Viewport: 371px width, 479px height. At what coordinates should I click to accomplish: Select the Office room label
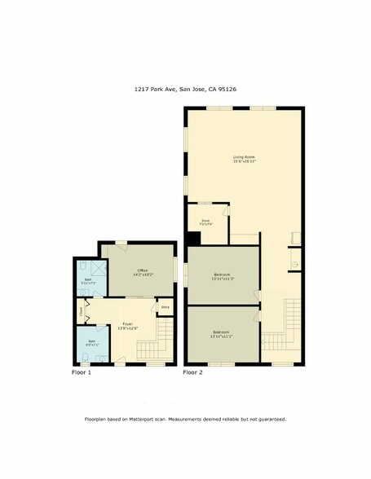pos(142,271)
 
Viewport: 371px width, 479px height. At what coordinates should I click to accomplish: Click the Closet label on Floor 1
pos(82,311)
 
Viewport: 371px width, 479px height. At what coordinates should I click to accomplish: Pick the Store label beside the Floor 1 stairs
pos(165,306)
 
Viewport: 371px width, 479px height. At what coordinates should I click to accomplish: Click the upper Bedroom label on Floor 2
pos(222,275)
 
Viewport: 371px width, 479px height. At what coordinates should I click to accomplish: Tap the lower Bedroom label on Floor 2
pos(222,332)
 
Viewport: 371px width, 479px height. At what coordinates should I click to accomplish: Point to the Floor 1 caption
pos(82,372)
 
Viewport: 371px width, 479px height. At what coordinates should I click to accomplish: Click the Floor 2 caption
pos(192,372)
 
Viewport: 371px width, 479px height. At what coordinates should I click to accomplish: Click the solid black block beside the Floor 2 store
pos(194,238)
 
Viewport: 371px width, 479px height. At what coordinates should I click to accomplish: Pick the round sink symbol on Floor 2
pos(294,265)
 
